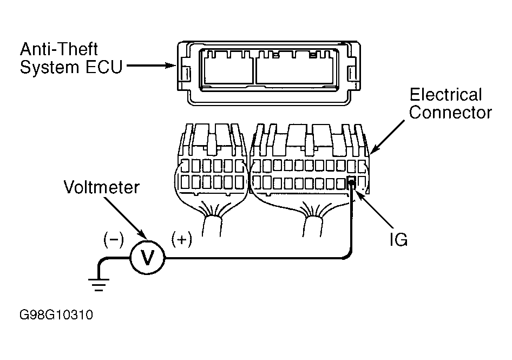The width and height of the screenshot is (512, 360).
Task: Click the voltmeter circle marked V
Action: [148, 258]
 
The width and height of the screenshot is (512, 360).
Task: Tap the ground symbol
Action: [99, 285]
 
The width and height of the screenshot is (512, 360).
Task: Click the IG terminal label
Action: [398, 239]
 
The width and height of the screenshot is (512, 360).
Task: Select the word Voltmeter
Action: [102, 187]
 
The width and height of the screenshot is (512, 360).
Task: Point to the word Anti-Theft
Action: [59, 49]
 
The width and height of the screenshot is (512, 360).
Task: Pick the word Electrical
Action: [445, 95]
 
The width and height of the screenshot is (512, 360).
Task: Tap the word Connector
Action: [450, 113]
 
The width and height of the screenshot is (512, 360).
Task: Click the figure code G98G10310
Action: [56, 315]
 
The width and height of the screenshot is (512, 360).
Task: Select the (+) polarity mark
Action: [181, 240]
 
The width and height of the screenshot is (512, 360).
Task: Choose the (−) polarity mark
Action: [114, 240]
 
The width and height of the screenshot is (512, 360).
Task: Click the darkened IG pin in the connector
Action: [351, 181]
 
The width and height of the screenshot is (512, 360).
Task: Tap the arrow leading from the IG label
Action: [373, 208]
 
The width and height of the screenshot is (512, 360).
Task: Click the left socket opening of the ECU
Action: [228, 70]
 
